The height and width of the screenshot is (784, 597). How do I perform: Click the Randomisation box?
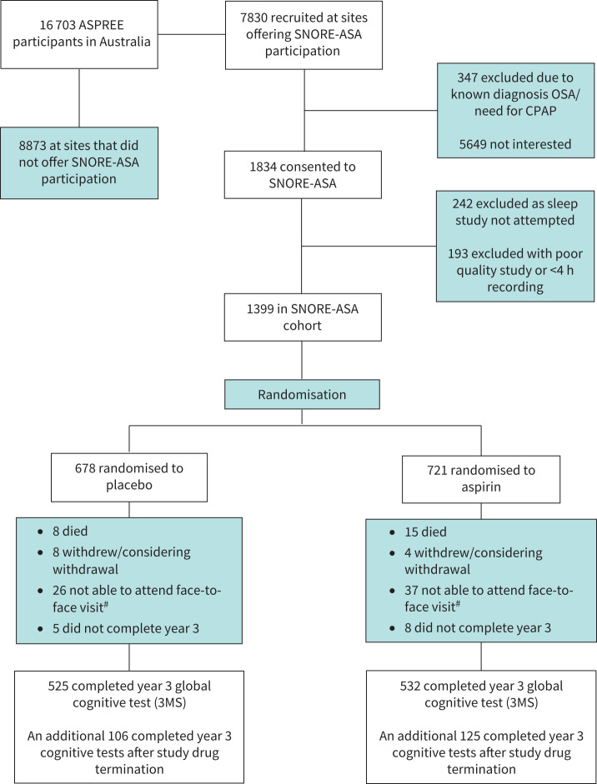[x=302, y=395]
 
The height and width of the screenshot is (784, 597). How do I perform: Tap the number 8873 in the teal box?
[x=34, y=146]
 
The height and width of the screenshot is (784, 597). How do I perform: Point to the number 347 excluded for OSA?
[x=468, y=77]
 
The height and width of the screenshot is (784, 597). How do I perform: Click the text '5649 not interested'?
[x=515, y=144]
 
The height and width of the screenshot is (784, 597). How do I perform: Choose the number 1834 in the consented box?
[x=264, y=167]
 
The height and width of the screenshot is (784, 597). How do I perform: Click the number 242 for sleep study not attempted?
[x=463, y=203]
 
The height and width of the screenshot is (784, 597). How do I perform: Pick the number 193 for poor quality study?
[x=458, y=253]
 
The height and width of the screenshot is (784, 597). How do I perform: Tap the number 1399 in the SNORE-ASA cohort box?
[x=261, y=309]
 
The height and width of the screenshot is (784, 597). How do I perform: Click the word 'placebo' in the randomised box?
[x=129, y=485]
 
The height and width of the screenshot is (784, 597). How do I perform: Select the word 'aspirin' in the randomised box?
[x=481, y=487]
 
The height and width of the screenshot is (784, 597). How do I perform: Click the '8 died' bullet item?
[x=70, y=531]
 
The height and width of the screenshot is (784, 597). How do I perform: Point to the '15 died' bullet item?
[x=425, y=532]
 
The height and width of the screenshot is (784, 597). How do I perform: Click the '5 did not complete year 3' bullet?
[x=126, y=628]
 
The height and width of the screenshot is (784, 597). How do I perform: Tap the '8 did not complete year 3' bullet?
[x=478, y=628]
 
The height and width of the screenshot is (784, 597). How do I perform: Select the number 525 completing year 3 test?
[x=58, y=686]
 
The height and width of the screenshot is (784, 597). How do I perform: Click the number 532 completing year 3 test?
[x=410, y=686]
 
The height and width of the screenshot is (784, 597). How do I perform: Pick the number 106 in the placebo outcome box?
[x=118, y=736]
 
